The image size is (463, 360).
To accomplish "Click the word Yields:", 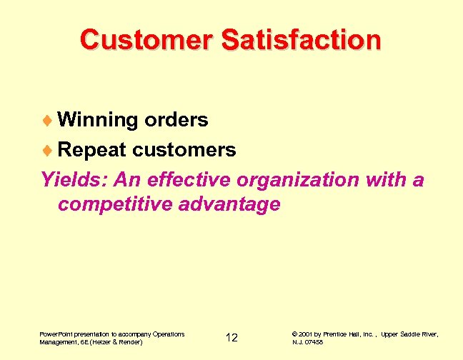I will click(x=71, y=179).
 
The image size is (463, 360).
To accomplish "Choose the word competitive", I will click(x=115, y=205).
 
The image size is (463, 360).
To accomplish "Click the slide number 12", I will click(x=231, y=338).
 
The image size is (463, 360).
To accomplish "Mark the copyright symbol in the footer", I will click(x=295, y=334).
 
